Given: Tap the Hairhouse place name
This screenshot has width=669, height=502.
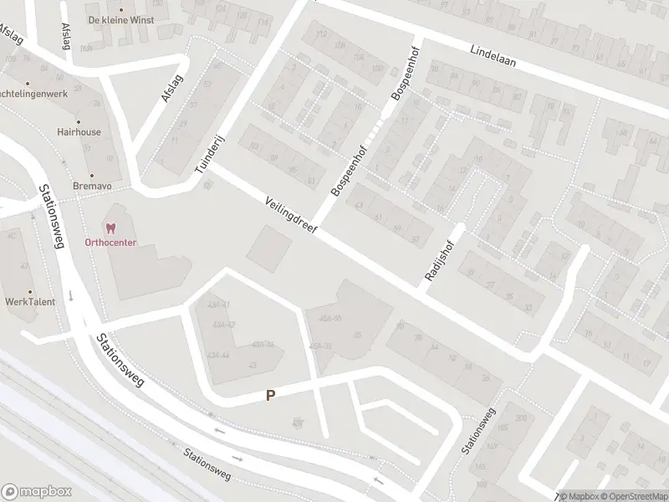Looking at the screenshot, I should coord(79,132).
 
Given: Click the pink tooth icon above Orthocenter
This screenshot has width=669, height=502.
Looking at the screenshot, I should coord(110,227).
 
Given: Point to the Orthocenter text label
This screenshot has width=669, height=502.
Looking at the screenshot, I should coord(110,243).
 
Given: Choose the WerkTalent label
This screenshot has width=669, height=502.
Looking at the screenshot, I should coord(29,301).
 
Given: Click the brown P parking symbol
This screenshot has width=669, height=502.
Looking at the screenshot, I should coord(270,395).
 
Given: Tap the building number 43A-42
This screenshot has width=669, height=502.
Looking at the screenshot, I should coord(223,324).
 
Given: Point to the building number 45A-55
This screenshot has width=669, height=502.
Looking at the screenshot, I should coord(330,318).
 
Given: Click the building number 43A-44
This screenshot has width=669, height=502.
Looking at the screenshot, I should coord(218,355).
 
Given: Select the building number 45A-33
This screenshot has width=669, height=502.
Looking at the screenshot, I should coord(320,346).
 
